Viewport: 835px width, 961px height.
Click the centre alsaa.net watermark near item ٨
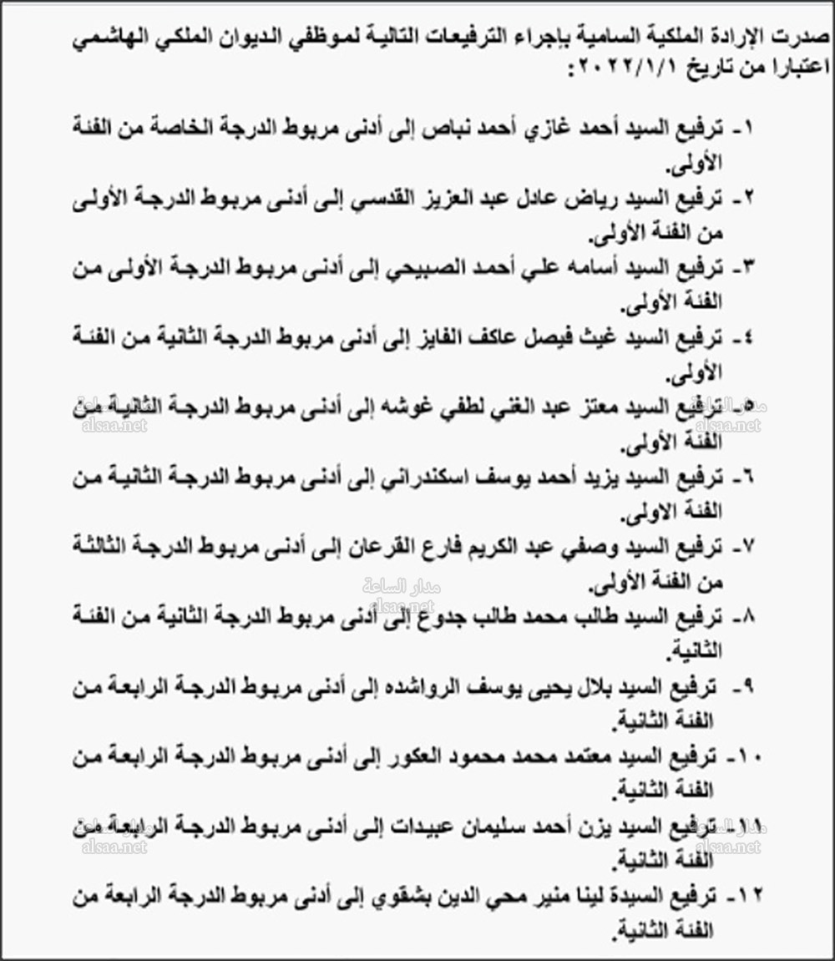click(398, 606)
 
